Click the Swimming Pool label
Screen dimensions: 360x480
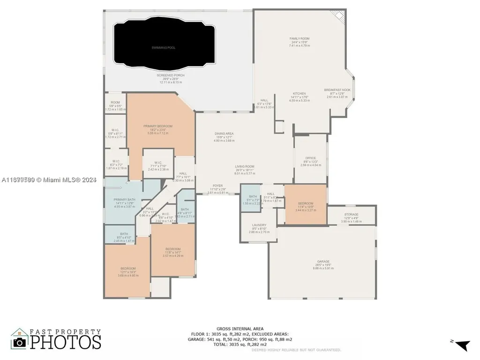tap(163, 48)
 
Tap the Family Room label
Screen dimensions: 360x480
tap(300, 39)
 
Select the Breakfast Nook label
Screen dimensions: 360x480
tap(337, 90)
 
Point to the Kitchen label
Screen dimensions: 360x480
tap(299, 94)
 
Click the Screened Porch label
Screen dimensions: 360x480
tap(170, 75)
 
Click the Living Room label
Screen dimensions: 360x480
tap(244, 166)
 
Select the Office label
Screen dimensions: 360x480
tap(310, 158)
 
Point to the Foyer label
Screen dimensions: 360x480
tap(217, 186)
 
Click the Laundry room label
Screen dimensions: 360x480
tap(259, 225)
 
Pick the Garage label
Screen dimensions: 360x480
tap(323, 262)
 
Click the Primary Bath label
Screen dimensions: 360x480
tap(124, 200)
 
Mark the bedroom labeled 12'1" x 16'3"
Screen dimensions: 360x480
tap(127, 269)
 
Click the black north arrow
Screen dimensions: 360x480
tap(463, 345)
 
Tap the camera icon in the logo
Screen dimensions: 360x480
tap(20, 342)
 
